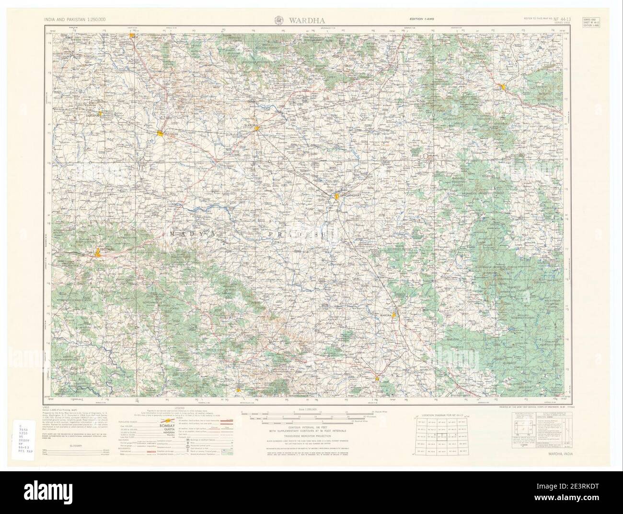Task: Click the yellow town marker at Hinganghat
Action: pos(337,196)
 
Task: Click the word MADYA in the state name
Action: pos(190,233)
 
